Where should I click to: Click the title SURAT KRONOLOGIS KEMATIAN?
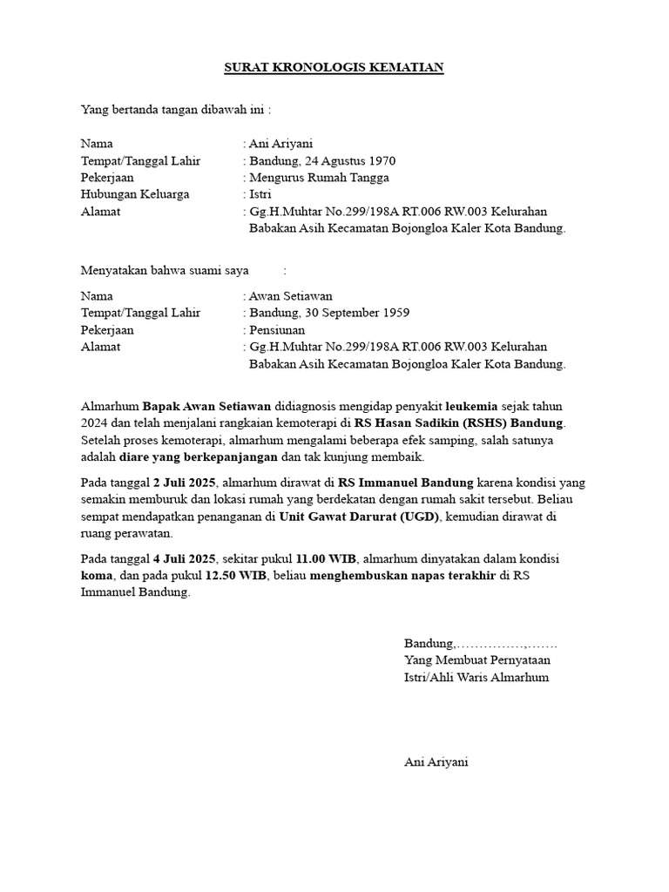tap(334, 67)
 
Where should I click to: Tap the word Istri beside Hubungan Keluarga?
tap(260, 194)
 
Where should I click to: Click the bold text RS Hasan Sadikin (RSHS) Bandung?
tap(465, 422)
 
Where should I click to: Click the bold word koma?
tap(96, 575)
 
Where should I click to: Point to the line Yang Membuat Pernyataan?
tap(476, 660)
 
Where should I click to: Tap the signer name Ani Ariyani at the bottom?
tap(436, 761)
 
